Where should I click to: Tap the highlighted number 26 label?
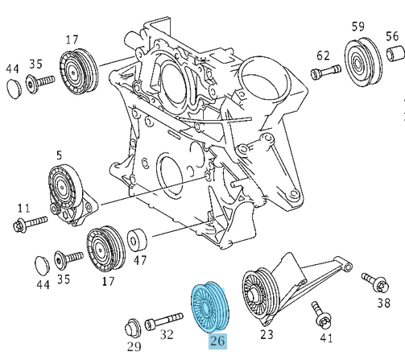217,341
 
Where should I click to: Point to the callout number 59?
357,26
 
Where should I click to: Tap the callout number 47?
140,261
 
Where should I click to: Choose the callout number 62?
324,55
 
